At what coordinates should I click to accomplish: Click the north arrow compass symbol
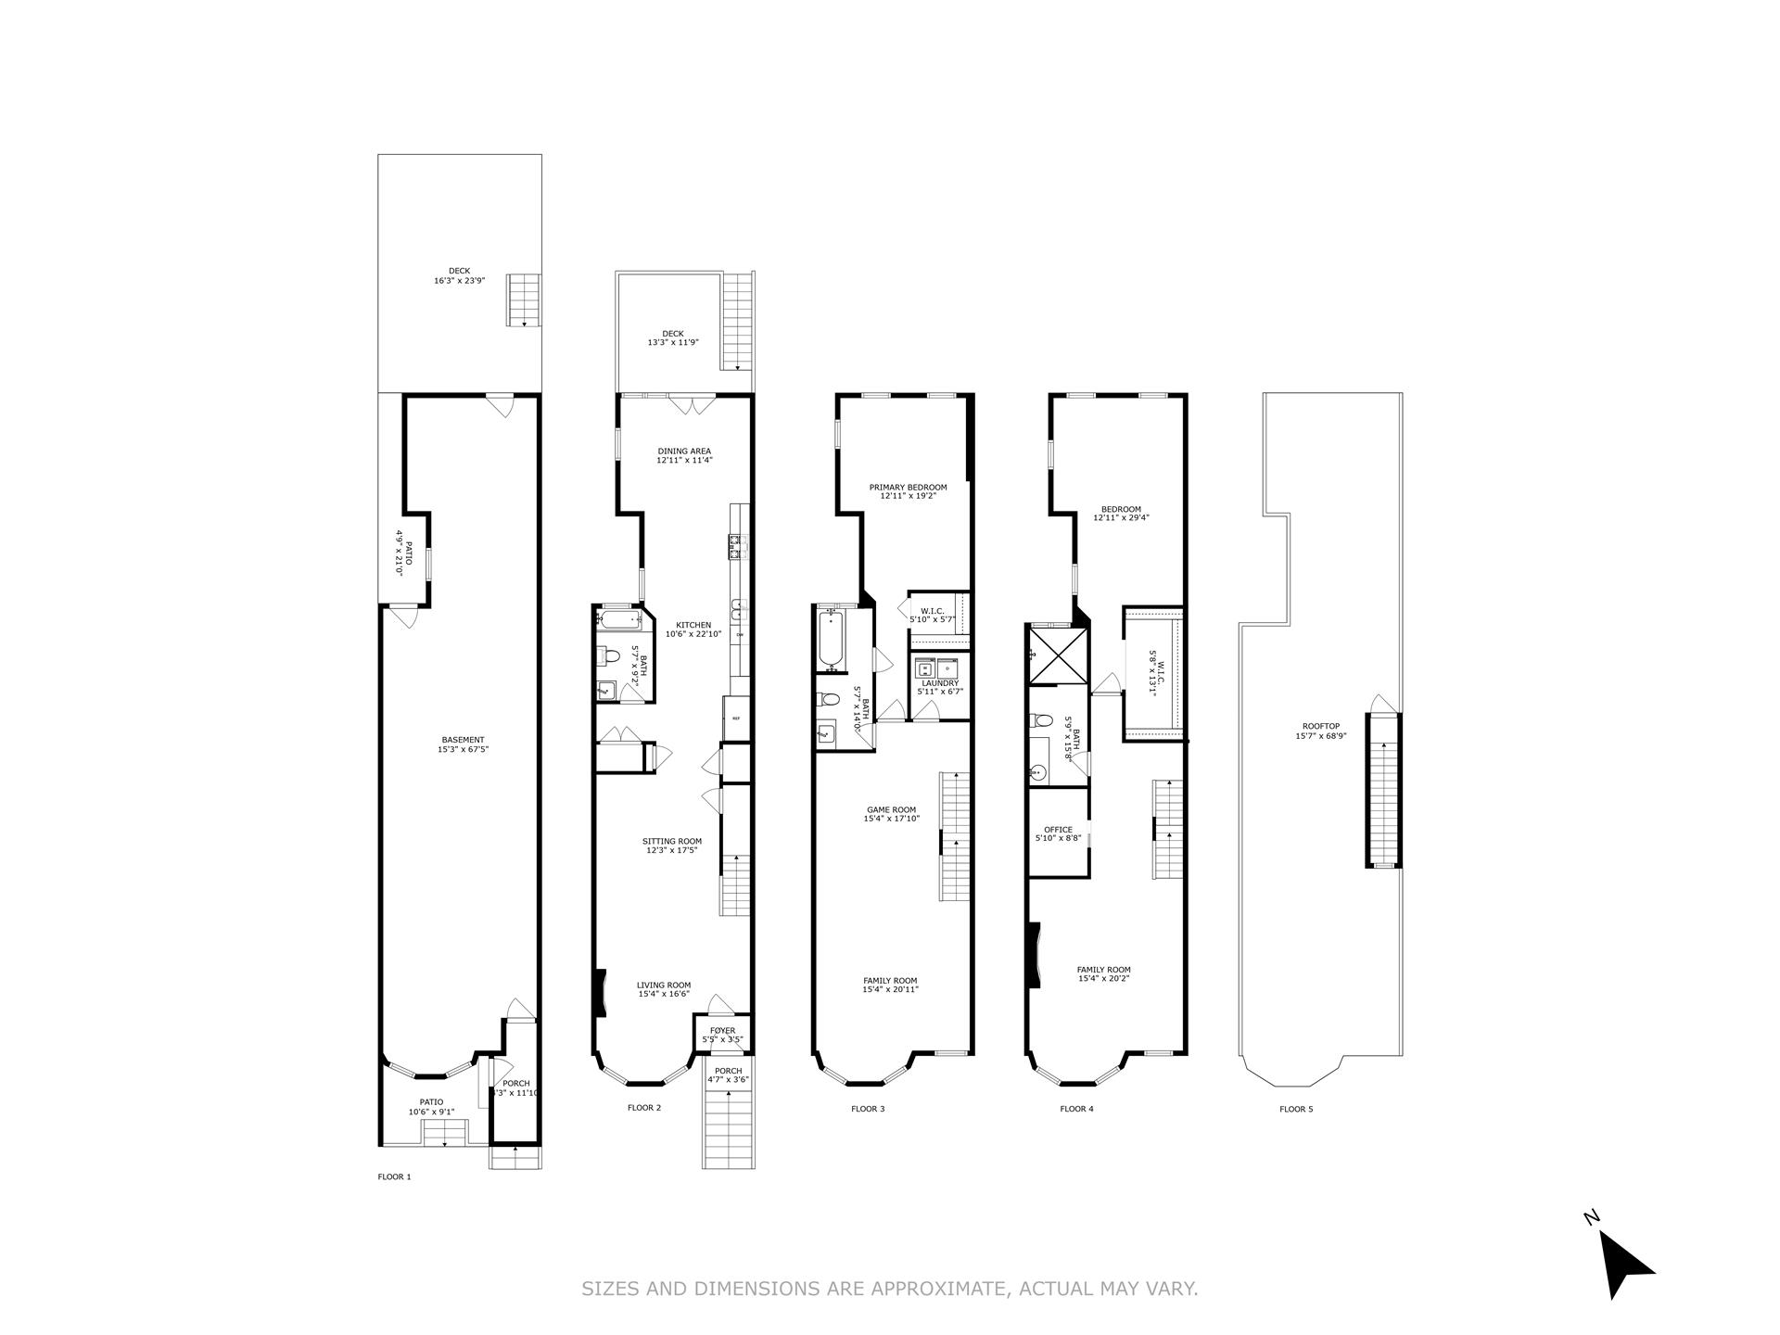coord(1623,1262)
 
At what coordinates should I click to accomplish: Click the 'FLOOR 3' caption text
coord(868,1109)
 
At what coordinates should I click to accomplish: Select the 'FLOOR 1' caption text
coord(394,1177)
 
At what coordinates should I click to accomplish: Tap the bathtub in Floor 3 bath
coord(831,639)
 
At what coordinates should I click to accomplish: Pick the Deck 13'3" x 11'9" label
coord(672,337)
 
